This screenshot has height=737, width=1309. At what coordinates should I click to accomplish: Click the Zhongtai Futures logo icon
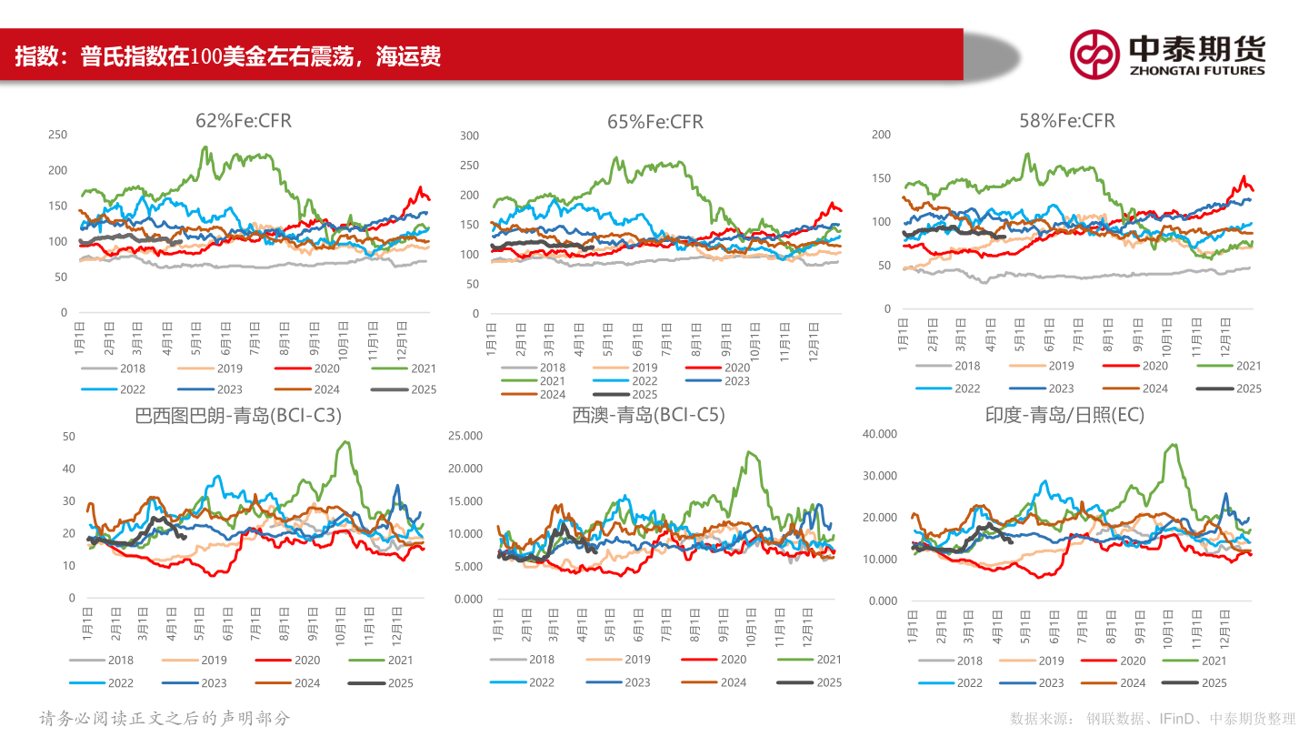[x=1094, y=54]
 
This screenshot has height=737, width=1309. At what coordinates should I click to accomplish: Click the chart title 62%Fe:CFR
[x=244, y=120]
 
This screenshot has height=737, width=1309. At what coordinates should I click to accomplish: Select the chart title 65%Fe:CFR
[x=655, y=121]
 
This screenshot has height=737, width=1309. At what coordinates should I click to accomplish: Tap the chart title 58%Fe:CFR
[x=1067, y=120]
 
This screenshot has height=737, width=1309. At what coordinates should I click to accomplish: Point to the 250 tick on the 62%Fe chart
[x=57, y=135]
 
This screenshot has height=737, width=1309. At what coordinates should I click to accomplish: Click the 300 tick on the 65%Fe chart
[x=469, y=136]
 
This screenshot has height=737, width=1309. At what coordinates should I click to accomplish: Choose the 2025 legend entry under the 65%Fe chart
[x=626, y=394]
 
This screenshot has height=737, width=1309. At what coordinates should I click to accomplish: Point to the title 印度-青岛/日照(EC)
[x=1064, y=415]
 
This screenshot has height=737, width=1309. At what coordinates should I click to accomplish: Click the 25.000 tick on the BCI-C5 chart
[x=466, y=436]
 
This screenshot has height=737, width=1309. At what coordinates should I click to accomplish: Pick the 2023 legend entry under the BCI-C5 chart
[x=622, y=682]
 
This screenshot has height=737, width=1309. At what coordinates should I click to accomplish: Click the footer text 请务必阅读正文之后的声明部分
[x=165, y=718]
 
